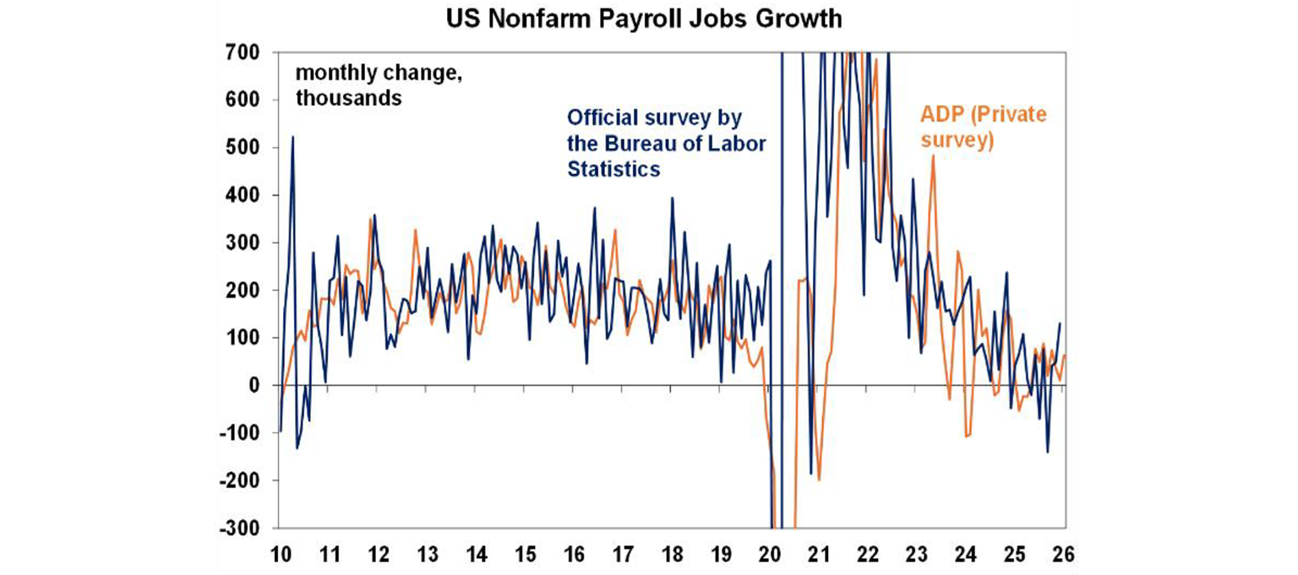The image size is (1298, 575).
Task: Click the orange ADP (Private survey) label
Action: click(981, 127)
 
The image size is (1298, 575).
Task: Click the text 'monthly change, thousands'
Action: click(379, 85)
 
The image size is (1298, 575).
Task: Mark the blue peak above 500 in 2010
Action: click(292, 137)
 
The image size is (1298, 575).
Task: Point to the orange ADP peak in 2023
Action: click(933, 156)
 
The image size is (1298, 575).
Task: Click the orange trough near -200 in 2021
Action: click(819, 479)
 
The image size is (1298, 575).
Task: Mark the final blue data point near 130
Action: click(1060, 323)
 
